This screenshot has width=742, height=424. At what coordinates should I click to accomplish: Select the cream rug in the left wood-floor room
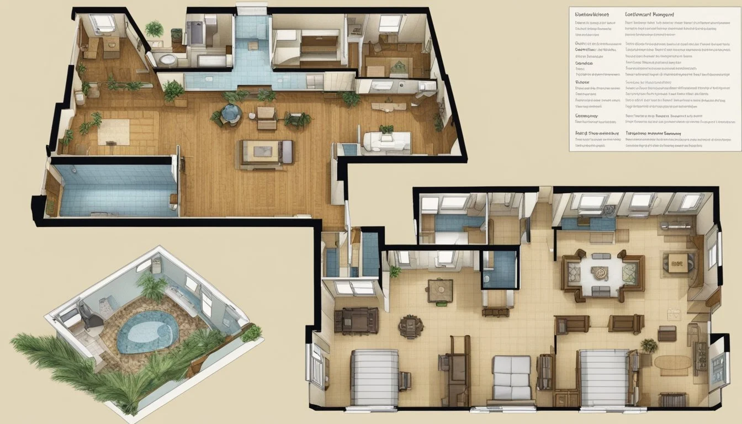pos(114,131)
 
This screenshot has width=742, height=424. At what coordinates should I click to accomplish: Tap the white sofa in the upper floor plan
pos(386,141)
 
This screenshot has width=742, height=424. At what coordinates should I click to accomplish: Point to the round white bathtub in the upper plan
pos(164,59)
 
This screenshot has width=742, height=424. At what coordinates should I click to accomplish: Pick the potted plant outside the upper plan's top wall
pos(154,29)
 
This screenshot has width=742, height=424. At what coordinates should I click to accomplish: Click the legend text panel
pos(655,78)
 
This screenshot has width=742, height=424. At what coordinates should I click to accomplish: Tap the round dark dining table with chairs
pos(411,326)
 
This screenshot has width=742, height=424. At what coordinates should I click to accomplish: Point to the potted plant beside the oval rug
pos(649,346)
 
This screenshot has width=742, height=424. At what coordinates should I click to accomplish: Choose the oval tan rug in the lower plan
pos(672,362)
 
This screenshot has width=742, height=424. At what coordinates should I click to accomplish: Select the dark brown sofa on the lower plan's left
pos(356,321)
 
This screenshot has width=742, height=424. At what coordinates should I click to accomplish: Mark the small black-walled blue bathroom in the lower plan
pos(499,269)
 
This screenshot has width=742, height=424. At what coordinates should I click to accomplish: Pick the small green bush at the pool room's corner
pos(252,333)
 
